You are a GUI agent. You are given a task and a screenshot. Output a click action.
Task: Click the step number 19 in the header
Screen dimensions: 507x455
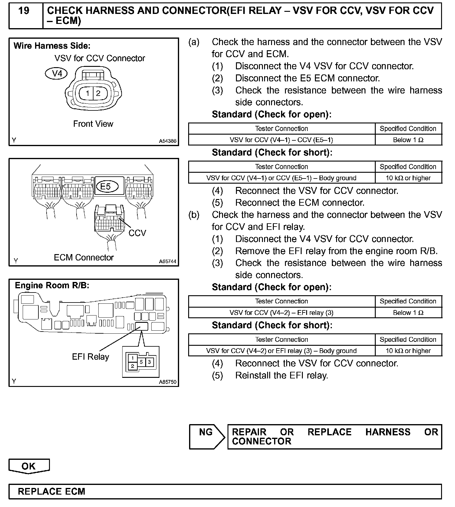pos(24,11)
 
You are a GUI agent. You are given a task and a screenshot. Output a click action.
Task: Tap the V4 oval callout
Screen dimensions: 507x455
pos(57,74)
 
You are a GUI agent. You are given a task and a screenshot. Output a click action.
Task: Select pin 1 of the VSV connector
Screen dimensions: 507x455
pos(88,93)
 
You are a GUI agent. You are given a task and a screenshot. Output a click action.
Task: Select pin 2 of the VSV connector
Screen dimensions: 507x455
pos(98,93)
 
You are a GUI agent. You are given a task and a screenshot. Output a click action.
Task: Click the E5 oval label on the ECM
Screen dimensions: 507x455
pos(106,187)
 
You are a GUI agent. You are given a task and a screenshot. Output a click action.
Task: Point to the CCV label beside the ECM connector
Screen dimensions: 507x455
pos(137,233)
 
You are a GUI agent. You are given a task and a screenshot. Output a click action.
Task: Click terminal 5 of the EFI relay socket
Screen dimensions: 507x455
pos(141,362)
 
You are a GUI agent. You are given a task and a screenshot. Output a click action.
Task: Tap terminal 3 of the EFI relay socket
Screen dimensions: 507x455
pos(149,362)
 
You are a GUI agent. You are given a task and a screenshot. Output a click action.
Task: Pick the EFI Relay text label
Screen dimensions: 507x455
pos(90,357)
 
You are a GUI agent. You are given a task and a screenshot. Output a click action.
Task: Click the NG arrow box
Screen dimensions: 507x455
pos(206,436)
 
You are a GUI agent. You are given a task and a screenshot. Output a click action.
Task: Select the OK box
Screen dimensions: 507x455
pos(29,466)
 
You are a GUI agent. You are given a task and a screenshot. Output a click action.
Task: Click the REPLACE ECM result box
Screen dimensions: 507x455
pos(225,491)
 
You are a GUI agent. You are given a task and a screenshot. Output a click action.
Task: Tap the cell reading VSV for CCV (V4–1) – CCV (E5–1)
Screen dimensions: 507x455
pos(281,140)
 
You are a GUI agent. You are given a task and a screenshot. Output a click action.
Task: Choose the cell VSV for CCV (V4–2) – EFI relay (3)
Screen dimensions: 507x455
pos(281,313)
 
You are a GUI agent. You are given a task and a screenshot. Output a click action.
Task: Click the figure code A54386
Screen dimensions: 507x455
pos(168,141)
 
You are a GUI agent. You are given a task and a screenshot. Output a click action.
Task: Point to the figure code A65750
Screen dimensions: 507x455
pos(168,382)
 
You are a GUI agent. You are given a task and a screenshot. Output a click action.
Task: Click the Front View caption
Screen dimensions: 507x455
pos(93,124)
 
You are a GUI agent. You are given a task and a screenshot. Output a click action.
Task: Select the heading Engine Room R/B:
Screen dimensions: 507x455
pos(52,285)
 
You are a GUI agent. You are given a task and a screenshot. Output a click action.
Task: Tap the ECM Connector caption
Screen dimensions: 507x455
pos(84,257)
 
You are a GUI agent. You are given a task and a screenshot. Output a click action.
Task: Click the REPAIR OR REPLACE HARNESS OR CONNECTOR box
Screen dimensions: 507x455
pos(335,437)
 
